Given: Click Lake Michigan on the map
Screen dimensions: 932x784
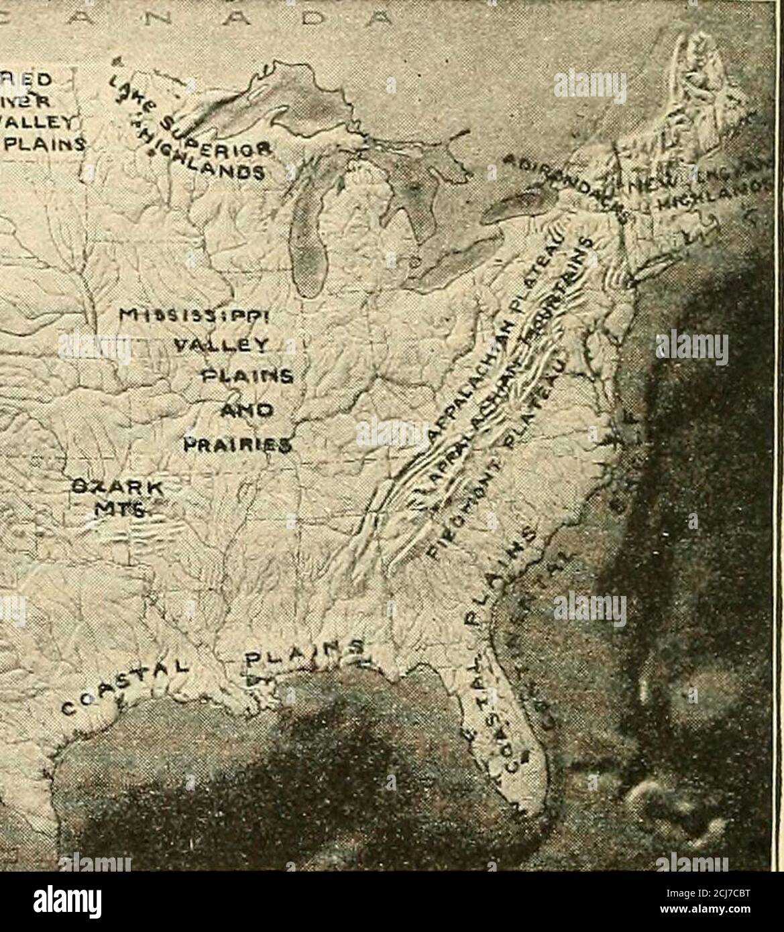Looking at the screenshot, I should coord(309,241).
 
